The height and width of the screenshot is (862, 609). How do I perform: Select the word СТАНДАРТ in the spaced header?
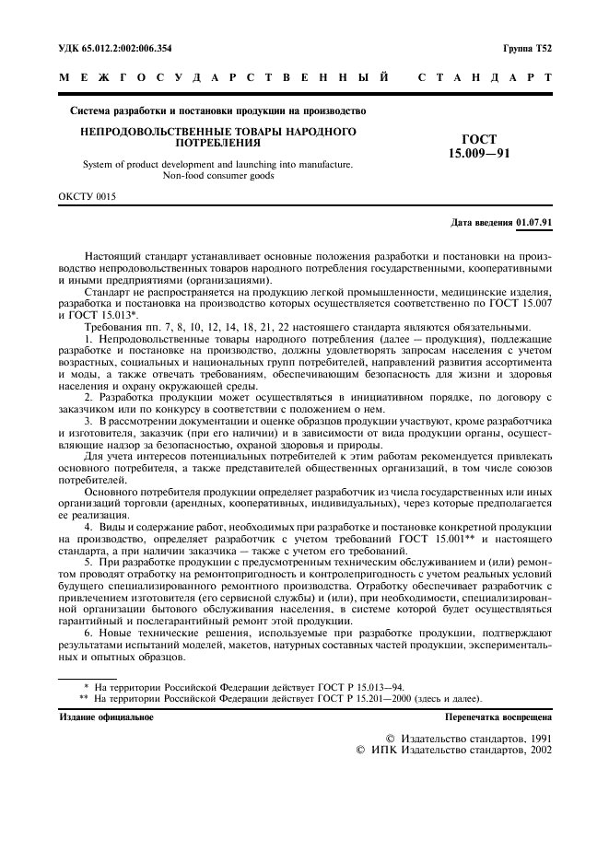(x=485, y=79)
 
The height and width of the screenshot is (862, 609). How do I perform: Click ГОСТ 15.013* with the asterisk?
(x=106, y=314)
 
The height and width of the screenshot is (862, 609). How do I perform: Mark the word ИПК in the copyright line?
(x=384, y=751)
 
